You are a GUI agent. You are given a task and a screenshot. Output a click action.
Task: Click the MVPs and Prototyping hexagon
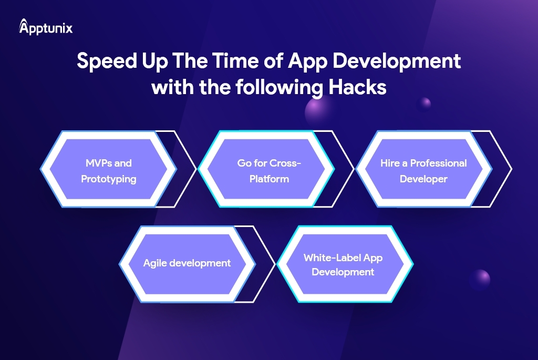pos(108,171)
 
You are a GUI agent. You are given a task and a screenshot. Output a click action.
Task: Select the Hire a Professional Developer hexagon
pos(423,171)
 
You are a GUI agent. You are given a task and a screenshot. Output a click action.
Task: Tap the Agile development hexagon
pos(187,263)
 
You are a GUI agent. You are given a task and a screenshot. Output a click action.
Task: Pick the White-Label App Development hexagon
pos(343,264)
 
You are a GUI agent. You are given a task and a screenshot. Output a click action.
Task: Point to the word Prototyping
pos(108,179)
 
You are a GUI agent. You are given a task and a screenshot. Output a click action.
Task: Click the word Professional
pos(438,163)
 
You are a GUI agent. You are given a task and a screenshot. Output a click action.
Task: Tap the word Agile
pos(155,263)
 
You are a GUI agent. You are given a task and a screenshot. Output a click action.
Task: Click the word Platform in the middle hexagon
pos(269,179)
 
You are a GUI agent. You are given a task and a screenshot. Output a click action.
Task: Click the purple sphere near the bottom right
pos(479,279)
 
